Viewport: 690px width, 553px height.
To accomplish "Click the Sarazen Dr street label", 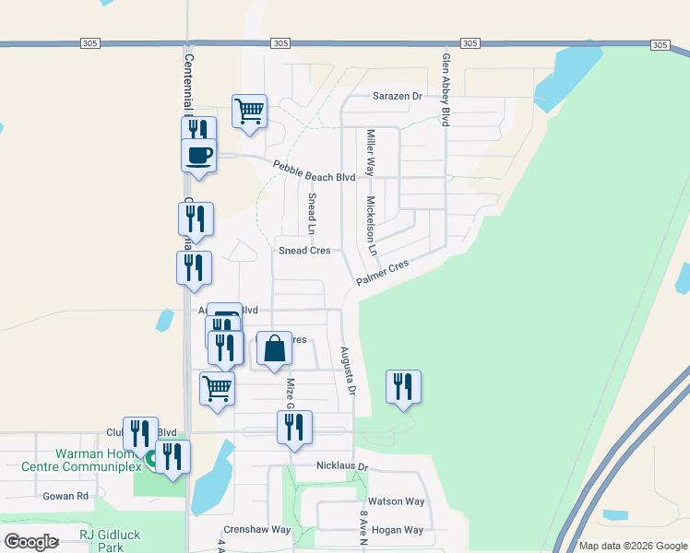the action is (x=397, y=96).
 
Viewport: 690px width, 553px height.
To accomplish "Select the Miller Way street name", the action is (x=371, y=153).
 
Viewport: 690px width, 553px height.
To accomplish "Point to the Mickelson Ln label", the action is (x=372, y=226).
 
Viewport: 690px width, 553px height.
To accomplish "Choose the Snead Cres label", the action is (x=304, y=251).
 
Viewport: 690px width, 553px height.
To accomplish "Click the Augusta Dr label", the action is (x=349, y=371).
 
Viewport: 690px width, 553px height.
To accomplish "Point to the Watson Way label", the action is (x=397, y=501).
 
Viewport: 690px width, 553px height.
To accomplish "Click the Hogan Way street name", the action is (x=397, y=530).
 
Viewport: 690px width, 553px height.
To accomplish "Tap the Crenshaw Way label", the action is (x=255, y=530).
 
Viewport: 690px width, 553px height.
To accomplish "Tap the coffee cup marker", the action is (x=199, y=154).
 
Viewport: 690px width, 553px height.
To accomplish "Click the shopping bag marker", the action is (x=274, y=348).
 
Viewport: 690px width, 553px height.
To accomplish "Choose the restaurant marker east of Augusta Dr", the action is (x=403, y=386).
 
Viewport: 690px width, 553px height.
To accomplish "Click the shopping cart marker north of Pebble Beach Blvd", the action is (x=250, y=111).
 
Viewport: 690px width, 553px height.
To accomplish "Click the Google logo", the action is (x=30, y=542).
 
